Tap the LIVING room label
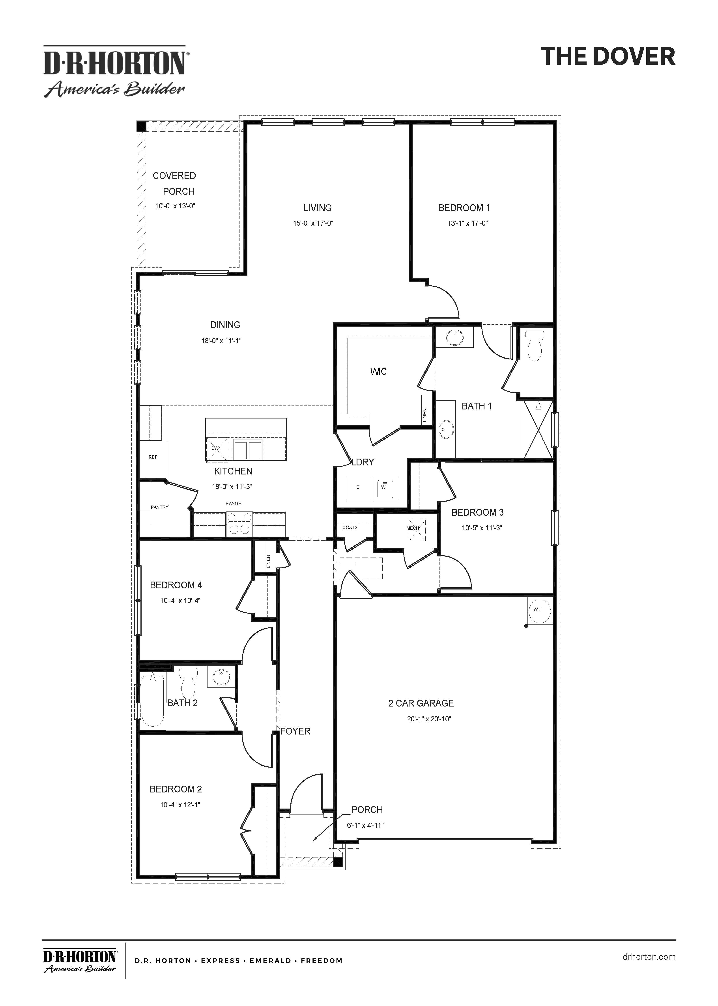pos(317,208)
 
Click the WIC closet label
pos(378,372)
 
